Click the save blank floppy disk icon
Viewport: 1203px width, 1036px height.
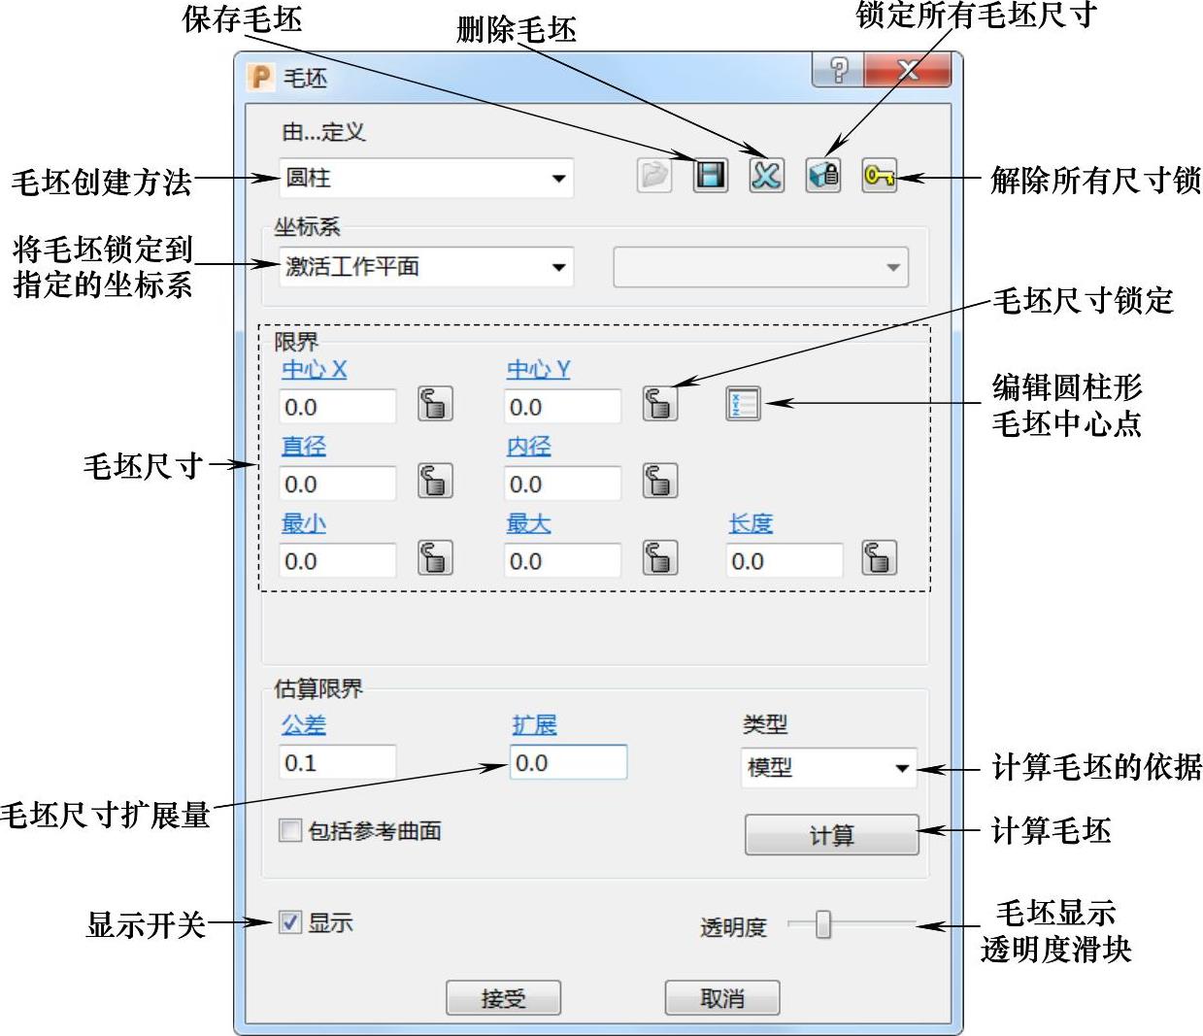(710, 176)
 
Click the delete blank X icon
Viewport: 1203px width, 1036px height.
(766, 176)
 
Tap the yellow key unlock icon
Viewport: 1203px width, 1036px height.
(879, 176)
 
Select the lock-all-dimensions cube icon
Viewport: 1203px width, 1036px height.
(823, 176)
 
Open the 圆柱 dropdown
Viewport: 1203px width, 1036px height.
(426, 179)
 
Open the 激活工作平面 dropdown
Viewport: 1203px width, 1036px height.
(426, 267)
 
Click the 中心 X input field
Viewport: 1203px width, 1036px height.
(337, 407)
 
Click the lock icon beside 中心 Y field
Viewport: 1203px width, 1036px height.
(660, 403)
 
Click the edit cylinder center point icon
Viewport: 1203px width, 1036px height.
(743, 403)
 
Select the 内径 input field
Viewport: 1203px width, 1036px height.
(562, 484)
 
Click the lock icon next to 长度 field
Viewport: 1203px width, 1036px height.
(879, 558)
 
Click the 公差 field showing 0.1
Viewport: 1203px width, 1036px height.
(337, 763)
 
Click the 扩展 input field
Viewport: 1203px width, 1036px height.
(568, 763)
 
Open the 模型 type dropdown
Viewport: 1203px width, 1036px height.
(828, 768)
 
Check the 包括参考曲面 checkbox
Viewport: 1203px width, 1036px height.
(290, 830)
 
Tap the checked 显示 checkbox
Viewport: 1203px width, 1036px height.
(290, 922)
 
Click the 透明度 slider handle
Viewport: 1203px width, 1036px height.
(823, 925)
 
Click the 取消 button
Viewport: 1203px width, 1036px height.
(721, 998)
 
